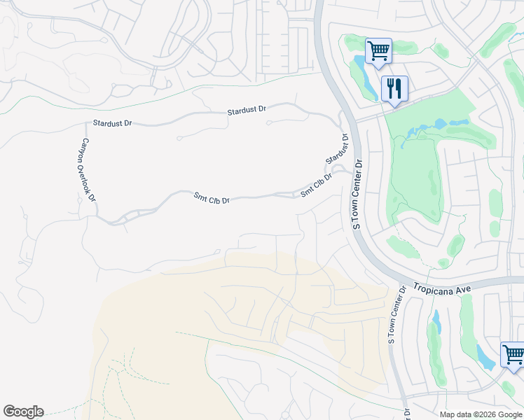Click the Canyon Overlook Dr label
click(x=87, y=170)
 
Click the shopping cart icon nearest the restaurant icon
click(x=378, y=50)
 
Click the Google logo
click(x=23, y=412)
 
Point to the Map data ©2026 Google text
click(x=480, y=414)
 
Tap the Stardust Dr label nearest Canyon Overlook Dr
click(x=112, y=123)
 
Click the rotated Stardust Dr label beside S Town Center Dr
click(x=337, y=150)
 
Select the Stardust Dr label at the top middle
click(x=247, y=111)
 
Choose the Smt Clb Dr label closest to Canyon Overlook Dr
click(x=212, y=199)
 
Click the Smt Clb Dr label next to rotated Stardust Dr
click(x=316, y=185)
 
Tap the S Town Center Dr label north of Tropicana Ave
click(x=357, y=194)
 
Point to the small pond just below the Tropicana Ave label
click(x=436, y=321)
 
